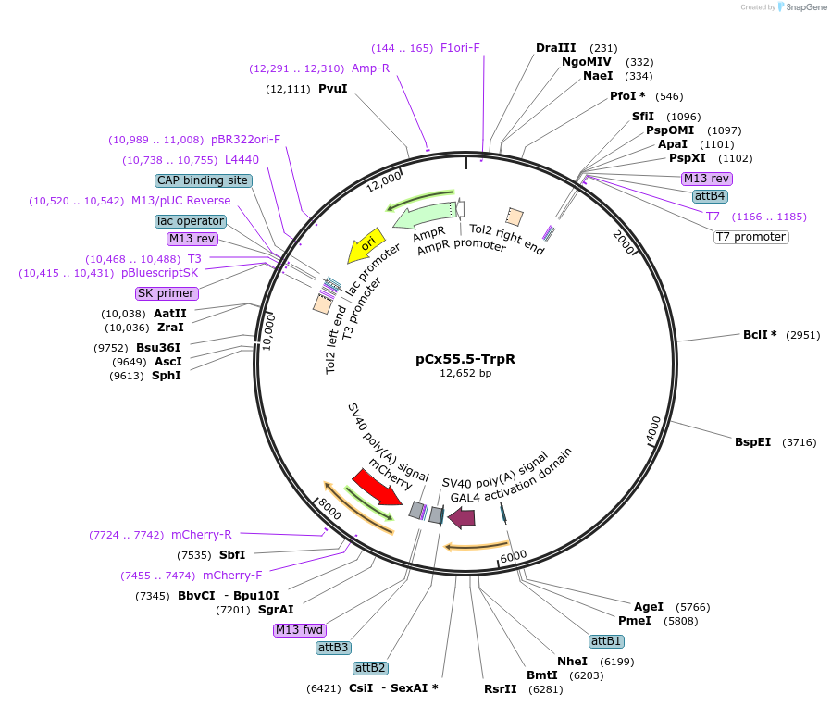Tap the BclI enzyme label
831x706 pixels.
coord(759,335)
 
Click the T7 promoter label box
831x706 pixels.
coord(750,237)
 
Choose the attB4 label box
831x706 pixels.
coord(710,196)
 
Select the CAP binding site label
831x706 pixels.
coord(202,180)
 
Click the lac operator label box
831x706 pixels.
coord(190,221)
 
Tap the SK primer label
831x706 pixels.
coord(167,293)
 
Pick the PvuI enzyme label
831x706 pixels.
coord(332,89)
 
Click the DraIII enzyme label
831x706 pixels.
coord(555,48)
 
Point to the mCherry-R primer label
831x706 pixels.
coord(201,535)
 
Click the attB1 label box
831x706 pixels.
coord(606,641)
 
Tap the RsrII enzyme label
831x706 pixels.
coord(500,688)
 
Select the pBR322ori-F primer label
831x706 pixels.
coord(245,140)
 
